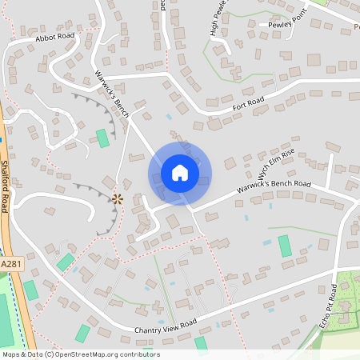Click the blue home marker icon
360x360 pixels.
[x=179, y=172]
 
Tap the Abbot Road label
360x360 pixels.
[x=54, y=38]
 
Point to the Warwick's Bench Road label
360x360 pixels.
[x=274, y=189]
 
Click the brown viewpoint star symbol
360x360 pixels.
[x=117, y=198]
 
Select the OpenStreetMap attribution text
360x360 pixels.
[x=81, y=354]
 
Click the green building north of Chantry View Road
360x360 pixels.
[x=285, y=246]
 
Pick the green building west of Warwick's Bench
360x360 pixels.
[x=102, y=138]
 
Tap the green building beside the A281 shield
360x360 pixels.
[x=66, y=262]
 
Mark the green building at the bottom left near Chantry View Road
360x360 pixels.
[x=82, y=333]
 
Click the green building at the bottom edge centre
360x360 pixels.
[x=201, y=344]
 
